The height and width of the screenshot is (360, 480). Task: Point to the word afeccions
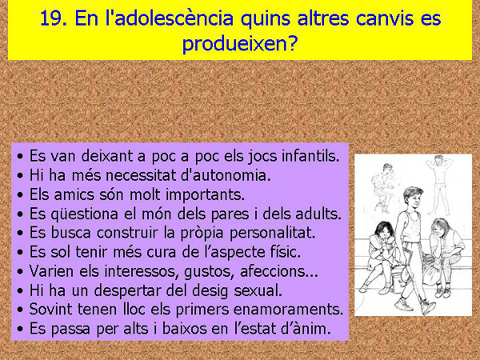tap(275, 271)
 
